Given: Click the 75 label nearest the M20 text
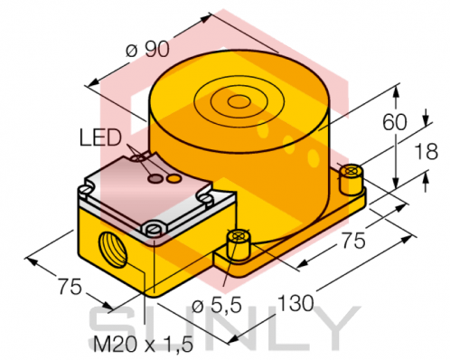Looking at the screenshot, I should coord(64,287).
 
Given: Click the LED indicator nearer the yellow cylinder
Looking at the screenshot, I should coord(171,179).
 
